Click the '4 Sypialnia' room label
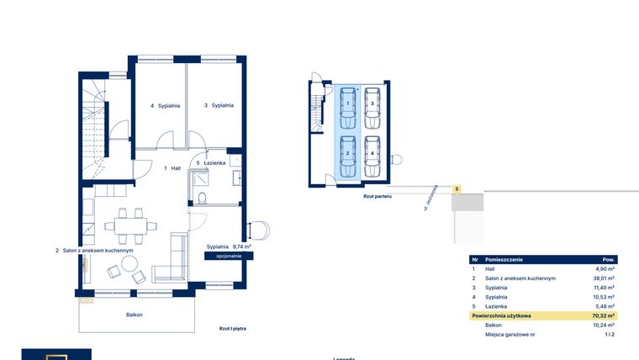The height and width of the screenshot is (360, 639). coord(164,106)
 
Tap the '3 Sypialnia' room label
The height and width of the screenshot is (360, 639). coord(219,106)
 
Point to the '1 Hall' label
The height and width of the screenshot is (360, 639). coord(172,168)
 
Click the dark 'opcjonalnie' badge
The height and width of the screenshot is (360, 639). coord(230,255)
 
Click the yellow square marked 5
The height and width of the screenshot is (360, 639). coord(457,189)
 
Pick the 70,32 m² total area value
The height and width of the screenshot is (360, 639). coord(604,315)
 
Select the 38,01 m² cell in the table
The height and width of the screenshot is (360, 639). coord(604,278)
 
